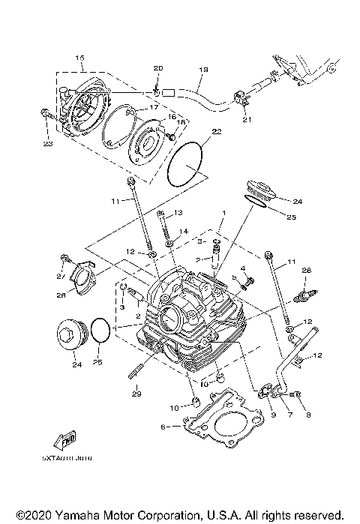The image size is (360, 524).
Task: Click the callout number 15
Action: click(x=80, y=58)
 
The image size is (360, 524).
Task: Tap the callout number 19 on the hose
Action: click(x=202, y=70)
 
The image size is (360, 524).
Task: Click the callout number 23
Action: click(x=47, y=145)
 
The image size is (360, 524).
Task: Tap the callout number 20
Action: click(x=157, y=69)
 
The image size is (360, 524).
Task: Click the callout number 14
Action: click(x=184, y=232)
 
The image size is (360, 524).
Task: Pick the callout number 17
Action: click(x=155, y=108)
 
